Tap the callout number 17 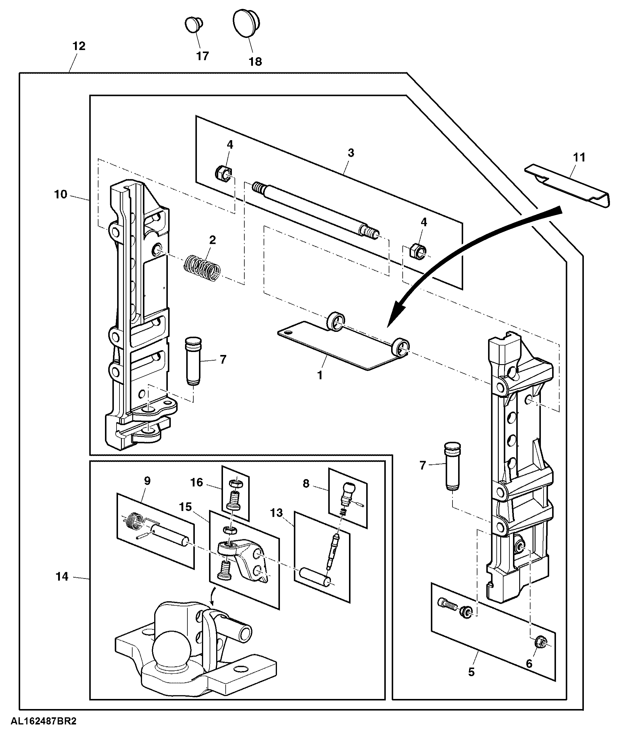[x=202, y=56]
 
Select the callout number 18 [x=255, y=62]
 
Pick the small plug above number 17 [x=194, y=25]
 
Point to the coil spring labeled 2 [x=202, y=268]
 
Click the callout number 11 [x=579, y=157]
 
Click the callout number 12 [x=79, y=46]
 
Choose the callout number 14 [x=62, y=577]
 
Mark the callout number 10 [x=60, y=194]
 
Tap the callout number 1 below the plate [x=320, y=375]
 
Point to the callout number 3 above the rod [x=351, y=153]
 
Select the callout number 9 [x=147, y=481]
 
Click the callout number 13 [x=276, y=513]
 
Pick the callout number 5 [x=471, y=672]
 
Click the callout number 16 [x=197, y=482]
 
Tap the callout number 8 [x=306, y=484]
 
